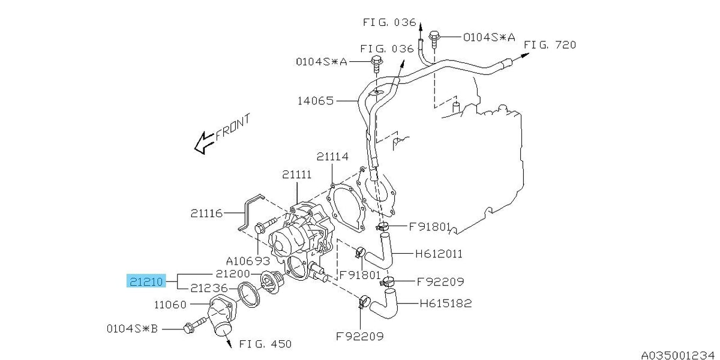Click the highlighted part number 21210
click(146, 282)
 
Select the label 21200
click(233, 274)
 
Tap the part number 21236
click(209, 288)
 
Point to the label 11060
click(170, 304)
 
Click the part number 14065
click(316, 101)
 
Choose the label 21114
click(332, 157)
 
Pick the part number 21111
click(296, 175)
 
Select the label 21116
click(206, 213)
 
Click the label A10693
click(248, 260)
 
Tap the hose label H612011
click(439, 254)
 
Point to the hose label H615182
click(446, 303)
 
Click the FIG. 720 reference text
click(550, 45)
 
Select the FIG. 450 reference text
click(265, 344)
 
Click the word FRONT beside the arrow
click(232, 127)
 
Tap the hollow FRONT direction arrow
click(205, 143)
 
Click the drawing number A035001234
click(680, 355)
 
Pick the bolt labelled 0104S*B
click(194, 325)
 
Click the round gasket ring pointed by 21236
click(249, 295)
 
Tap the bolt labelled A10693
click(265, 224)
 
